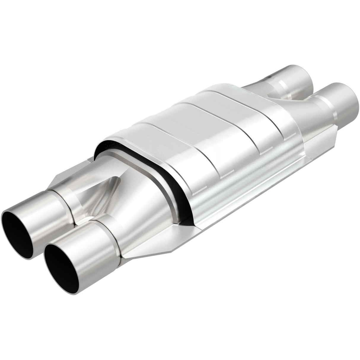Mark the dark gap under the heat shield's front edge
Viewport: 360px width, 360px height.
click(x=166, y=181)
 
